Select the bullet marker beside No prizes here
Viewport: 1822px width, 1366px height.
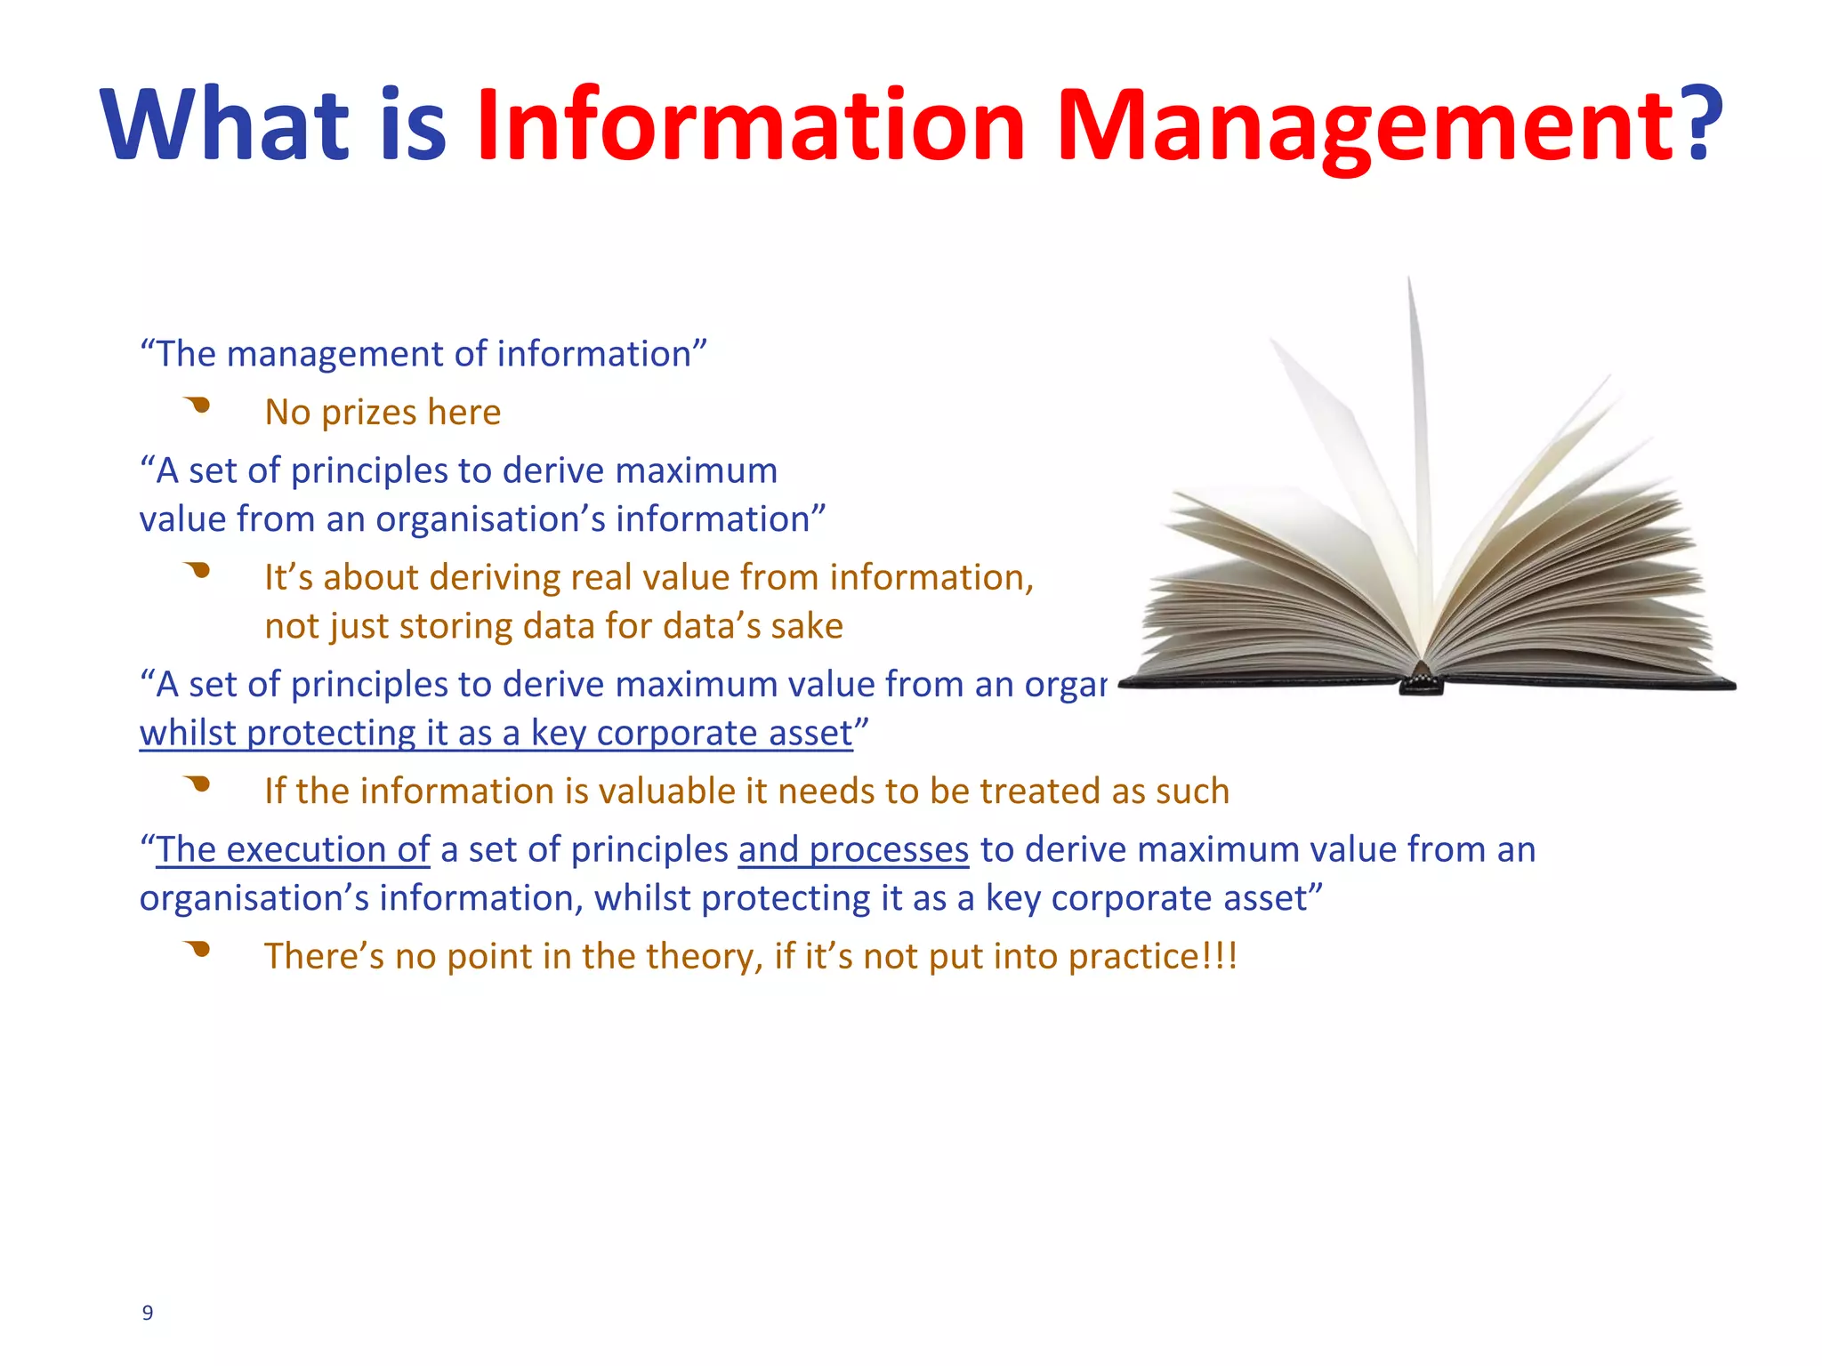tap(198, 406)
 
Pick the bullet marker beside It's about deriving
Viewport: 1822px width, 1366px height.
tap(198, 571)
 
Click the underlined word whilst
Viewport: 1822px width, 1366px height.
tap(188, 734)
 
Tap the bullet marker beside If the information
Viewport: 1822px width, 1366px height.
tap(198, 784)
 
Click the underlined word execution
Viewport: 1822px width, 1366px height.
tap(310, 850)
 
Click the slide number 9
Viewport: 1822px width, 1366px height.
tap(148, 1313)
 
